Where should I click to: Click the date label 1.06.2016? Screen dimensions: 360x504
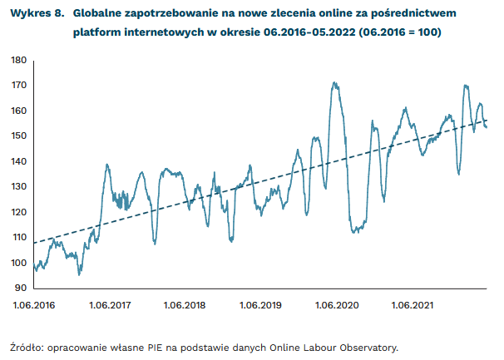tap(34, 306)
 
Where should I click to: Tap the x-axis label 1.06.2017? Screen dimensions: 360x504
tap(111, 306)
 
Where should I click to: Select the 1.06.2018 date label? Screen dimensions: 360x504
tap(185, 306)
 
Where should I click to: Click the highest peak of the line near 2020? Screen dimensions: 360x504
tap(334, 83)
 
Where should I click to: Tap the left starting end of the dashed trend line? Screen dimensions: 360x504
tap(34, 243)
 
